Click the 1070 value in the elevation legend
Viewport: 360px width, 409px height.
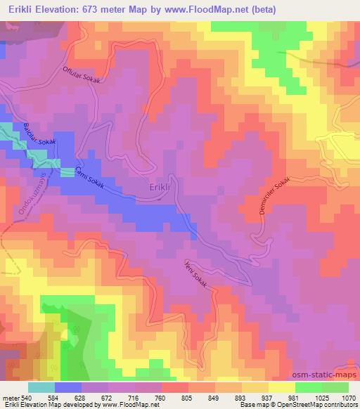click(348, 396)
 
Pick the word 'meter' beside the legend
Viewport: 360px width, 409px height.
click(11, 396)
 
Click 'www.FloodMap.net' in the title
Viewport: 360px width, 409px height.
click(212, 10)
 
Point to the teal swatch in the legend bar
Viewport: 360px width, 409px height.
click(41, 387)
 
